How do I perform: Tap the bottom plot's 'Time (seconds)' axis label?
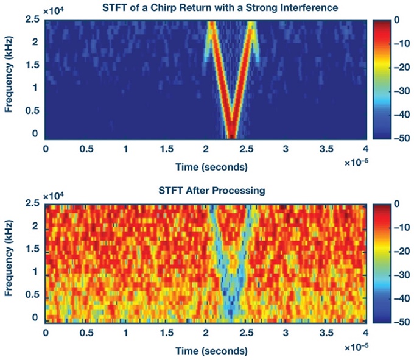click(206, 351)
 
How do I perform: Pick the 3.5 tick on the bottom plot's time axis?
click(326, 334)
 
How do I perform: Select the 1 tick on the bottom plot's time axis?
click(125, 334)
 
